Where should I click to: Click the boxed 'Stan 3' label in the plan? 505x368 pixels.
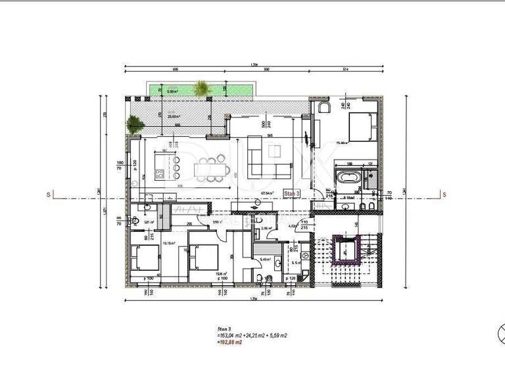point(292,193)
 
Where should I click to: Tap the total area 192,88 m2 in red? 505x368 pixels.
point(229,342)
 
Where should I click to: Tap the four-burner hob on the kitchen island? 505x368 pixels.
point(159,173)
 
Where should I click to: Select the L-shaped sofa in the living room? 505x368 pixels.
point(266,162)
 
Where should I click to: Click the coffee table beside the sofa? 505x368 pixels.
point(273,152)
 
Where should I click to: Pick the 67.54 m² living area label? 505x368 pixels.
point(267,193)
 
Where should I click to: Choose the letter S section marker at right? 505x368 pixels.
point(445,194)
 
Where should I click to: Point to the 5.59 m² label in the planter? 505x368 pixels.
point(174,91)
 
